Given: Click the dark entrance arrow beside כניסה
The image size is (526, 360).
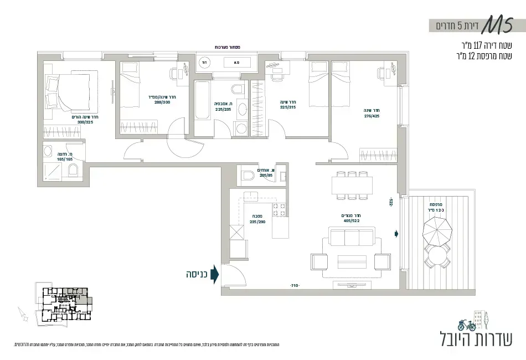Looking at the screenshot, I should coord(215,274).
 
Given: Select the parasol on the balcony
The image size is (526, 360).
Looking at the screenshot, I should coord(439,230).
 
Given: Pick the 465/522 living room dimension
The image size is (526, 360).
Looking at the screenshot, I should coord(352,221).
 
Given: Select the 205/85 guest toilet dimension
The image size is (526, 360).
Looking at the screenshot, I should coord(266,175).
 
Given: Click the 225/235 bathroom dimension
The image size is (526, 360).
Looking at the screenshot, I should coord(223,110).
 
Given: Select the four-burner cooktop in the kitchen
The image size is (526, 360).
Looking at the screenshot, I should coord(279,209).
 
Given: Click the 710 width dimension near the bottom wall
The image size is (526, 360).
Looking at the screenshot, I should coord(294,286).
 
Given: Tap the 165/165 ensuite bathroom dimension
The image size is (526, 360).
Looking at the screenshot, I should coord(64,159).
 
